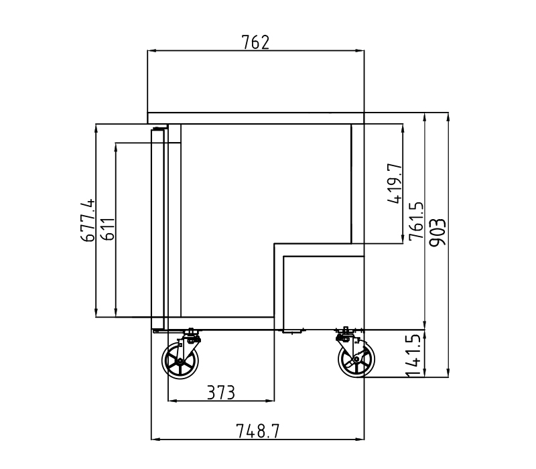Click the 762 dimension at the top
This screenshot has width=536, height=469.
(255, 42)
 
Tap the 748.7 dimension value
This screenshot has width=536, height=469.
(257, 431)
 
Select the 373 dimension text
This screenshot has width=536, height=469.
(221, 393)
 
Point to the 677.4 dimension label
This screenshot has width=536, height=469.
(88, 220)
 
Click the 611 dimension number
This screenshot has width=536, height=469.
(109, 228)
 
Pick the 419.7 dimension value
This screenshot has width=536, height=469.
(395, 184)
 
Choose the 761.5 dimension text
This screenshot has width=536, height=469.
(416, 221)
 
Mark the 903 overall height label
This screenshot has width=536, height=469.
(438, 232)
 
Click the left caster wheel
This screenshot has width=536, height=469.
(180, 360)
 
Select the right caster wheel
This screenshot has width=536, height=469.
(356, 359)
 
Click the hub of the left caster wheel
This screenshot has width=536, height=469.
(180, 360)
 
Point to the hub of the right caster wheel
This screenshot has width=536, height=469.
(356, 359)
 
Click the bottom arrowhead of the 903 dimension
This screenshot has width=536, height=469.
(448, 373)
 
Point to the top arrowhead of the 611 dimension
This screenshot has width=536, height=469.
(116, 147)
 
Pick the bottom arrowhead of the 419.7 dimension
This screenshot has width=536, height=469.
(403, 239)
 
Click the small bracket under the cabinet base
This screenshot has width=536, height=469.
(292, 331)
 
